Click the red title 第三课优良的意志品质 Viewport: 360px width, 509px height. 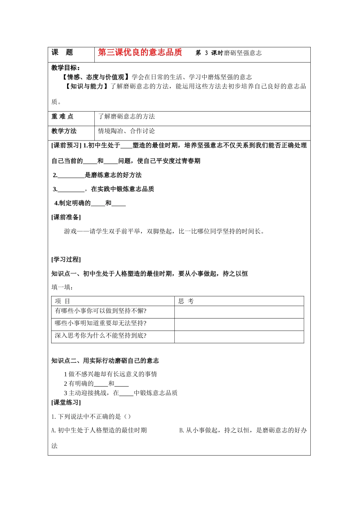[x=140, y=52]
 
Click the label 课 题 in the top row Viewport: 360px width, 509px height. [x=62, y=53]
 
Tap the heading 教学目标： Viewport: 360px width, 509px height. [x=66, y=68]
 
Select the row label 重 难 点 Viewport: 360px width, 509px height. [x=63, y=117]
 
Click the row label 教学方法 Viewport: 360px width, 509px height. [x=64, y=131]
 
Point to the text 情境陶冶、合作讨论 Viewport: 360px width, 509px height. [x=126, y=131]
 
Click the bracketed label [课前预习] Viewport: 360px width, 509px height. [x=66, y=145]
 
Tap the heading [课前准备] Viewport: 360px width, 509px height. [x=66, y=217]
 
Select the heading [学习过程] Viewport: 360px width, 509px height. [x=66, y=259]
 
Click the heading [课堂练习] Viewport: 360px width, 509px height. [x=66, y=402]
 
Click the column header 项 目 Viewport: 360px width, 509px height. [x=63, y=301]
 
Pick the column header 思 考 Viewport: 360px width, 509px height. [x=186, y=301]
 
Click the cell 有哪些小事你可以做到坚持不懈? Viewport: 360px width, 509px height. [x=101, y=311]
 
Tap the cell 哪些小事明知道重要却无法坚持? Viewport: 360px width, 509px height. [x=101, y=323]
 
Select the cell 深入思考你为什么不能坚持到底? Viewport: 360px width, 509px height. [x=101, y=336]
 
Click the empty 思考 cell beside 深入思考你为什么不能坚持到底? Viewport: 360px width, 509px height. [x=239, y=337]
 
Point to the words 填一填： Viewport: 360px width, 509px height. [x=63, y=287]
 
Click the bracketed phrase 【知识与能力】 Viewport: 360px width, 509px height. [x=87, y=86]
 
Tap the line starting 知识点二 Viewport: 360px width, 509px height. [x=105, y=361]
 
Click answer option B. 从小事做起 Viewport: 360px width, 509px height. [x=243, y=430]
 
